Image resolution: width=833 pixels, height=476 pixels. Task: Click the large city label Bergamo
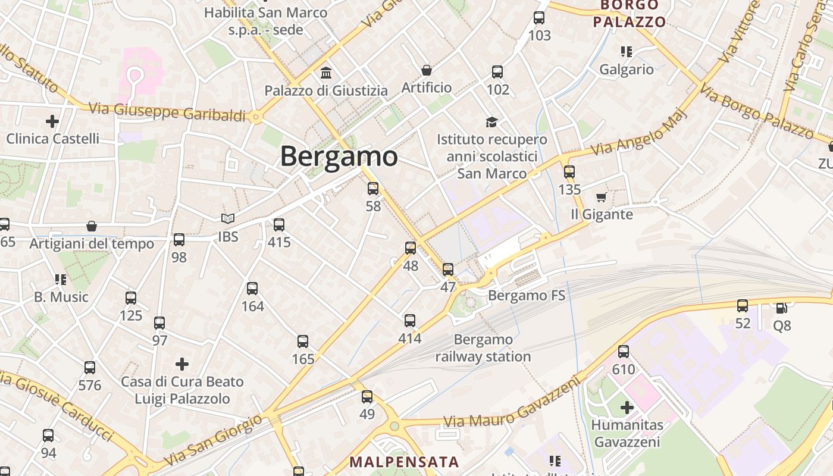339,156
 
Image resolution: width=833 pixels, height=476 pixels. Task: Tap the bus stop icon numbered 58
373,189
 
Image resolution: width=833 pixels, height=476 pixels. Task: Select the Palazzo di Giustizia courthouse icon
326,73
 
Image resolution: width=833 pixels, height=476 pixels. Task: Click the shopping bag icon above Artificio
427,70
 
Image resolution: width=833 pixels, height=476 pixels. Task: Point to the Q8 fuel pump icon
782,308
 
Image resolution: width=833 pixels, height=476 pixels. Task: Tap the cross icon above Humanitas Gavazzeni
627,408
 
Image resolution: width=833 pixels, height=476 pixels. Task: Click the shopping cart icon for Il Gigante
602,197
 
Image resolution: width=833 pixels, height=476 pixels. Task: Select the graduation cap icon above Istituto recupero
491,122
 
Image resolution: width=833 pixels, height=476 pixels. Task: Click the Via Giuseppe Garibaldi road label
167,112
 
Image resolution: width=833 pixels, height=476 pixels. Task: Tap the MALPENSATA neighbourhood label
404,462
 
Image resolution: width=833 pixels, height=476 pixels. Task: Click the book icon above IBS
228,218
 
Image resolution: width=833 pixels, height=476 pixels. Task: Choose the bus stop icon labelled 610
624,352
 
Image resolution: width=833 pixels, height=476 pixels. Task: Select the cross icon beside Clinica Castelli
52,121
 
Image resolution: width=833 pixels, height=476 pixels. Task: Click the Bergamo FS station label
527,296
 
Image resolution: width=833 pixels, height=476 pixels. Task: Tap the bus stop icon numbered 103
539,18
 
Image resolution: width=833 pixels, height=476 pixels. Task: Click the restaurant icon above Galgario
626,52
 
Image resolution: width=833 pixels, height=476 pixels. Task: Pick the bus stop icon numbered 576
90,368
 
